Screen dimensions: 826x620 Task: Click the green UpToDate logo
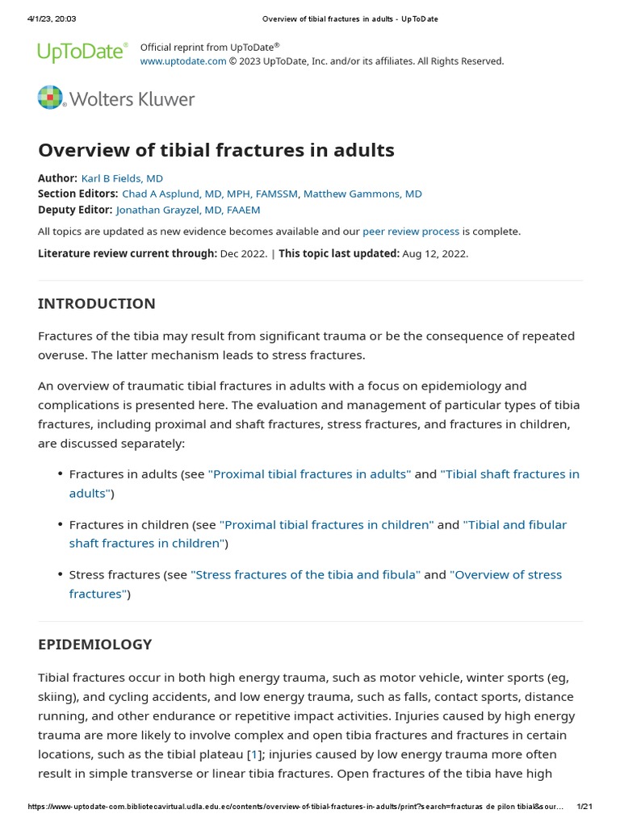(x=82, y=53)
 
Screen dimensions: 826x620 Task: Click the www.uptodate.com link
(x=183, y=61)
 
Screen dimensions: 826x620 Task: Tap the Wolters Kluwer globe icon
(x=50, y=98)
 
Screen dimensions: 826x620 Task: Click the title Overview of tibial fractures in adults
(x=216, y=150)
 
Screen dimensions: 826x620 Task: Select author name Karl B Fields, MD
(x=122, y=178)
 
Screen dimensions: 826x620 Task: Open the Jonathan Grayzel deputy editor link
(x=188, y=210)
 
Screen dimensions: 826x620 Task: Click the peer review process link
(x=411, y=232)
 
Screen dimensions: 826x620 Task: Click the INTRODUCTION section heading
(x=97, y=304)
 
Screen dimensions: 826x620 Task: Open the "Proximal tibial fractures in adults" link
(x=310, y=474)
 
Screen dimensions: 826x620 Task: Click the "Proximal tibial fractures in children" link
(x=327, y=525)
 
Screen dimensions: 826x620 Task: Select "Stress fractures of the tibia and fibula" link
(x=306, y=575)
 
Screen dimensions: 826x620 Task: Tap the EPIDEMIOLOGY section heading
(x=95, y=645)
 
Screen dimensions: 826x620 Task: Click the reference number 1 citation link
(x=255, y=755)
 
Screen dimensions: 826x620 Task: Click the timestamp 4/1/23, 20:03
(x=52, y=19)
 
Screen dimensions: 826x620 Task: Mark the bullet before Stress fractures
(x=61, y=575)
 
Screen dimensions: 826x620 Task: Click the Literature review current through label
(x=128, y=253)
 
